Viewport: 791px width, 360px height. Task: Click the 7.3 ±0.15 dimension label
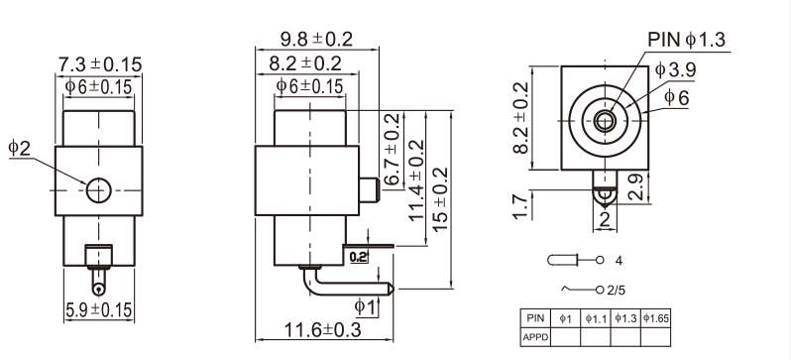[100, 64]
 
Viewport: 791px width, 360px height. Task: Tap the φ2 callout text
[20, 148]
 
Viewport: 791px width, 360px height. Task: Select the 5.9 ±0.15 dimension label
[99, 309]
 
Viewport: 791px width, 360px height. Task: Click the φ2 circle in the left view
[98, 190]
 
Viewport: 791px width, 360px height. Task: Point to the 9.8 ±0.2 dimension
[317, 39]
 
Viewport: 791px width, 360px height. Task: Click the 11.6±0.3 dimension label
[323, 330]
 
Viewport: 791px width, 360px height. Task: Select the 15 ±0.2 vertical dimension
[440, 199]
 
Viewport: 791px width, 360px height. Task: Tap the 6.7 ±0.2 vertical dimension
[392, 149]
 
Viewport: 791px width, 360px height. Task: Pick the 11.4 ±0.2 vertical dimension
[416, 180]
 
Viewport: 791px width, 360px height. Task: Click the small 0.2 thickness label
[358, 257]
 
